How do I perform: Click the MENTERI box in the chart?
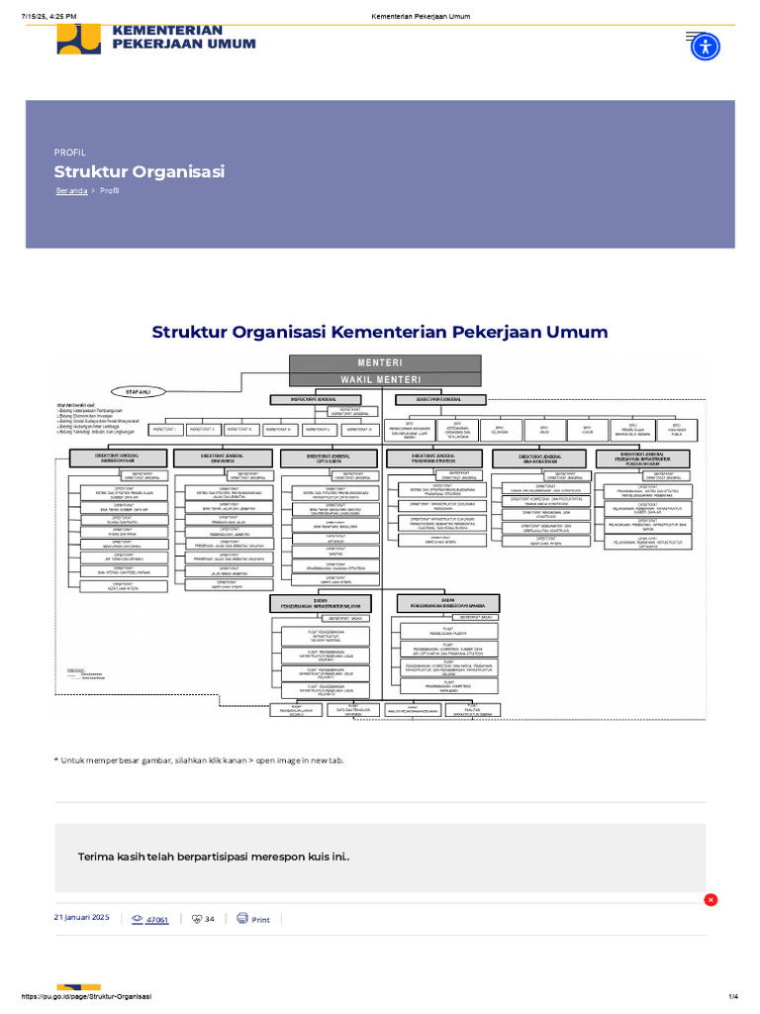(385, 362)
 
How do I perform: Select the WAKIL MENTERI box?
(385, 379)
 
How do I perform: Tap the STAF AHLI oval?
(138, 392)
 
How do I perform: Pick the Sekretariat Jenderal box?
(441, 399)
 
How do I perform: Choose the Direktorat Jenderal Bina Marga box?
(222, 457)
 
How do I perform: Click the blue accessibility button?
(705, 46)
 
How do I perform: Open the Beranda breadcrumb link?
(71, 191)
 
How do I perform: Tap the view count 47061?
(156, 920)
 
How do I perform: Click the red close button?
(711, 899)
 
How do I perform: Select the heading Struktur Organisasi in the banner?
(140, 171)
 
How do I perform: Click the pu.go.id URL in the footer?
(85, 995)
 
